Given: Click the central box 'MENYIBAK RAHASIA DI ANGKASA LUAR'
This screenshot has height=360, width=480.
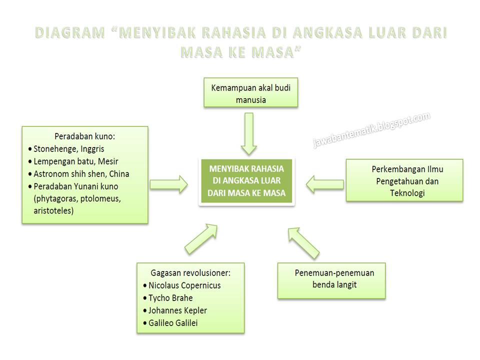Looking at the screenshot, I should point(246,181).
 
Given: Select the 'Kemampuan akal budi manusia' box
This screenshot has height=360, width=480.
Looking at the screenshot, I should point(250,93).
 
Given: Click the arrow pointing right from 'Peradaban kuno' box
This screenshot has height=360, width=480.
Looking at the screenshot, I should point(169,184).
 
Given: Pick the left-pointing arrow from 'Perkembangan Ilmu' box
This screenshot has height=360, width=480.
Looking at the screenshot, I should point(324,184).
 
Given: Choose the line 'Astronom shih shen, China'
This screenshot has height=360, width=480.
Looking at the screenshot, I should point(81,174).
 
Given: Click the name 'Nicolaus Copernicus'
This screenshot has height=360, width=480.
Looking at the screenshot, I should point(184,285).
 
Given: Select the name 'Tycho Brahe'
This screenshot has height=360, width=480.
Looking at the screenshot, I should point(170,298).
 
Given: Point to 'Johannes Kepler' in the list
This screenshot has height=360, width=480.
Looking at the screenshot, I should point(177,310).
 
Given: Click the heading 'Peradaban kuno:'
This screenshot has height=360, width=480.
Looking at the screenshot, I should point(84,136).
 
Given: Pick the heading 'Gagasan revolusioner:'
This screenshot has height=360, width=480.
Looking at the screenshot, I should point(190,273).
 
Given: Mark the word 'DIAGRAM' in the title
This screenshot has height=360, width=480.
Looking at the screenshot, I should point(70,33).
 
